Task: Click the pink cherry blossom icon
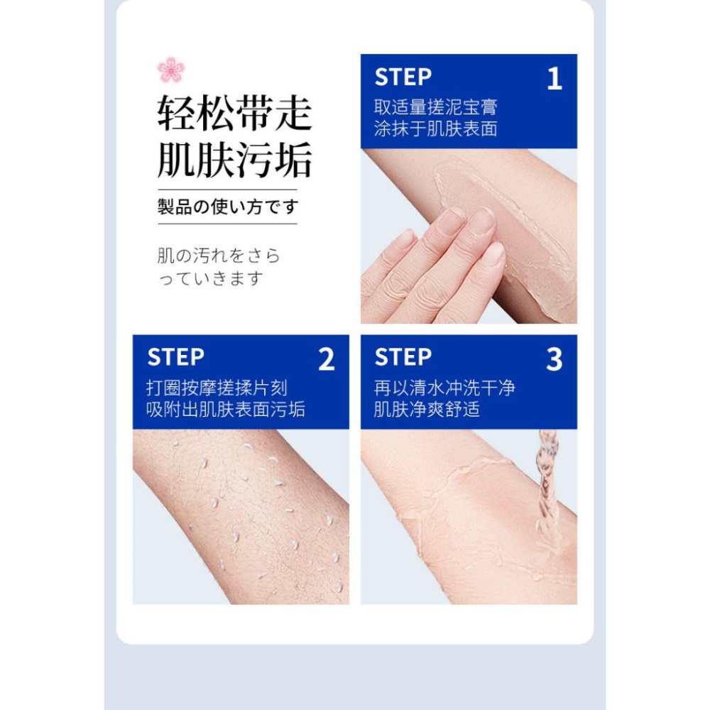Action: [x=171, y=70]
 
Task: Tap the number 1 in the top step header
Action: [x=555, y=79]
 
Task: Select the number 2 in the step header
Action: [x=326, y=360]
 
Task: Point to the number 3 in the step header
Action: [x=554, y=360]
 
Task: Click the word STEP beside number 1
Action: [x=403, y=77]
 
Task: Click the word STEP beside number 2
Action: [x=175, y=357]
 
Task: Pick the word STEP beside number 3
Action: [x=403, y=357]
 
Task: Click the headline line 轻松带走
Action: [x=234, y=114]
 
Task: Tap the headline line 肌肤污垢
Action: [x=234, y=160]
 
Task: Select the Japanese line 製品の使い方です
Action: [x=228, y=207]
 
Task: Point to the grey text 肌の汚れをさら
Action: [x=219, y=256]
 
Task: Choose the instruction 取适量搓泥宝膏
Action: [x=436, y=107]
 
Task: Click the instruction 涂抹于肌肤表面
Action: [x=436, y=129]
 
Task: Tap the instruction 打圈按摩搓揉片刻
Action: [x=217, y=388]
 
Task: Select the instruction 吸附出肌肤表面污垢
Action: [x=226, y=410]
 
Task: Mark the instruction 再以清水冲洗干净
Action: [x=445, y=388]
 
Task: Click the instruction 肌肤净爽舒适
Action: [x=427, y=410]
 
